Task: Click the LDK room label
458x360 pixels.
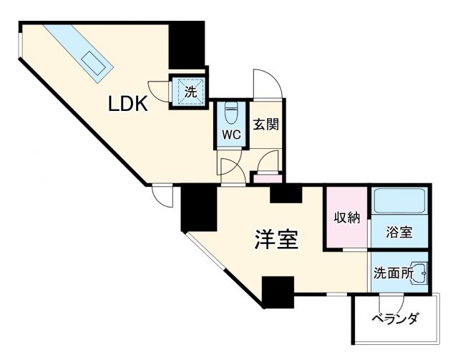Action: click(x=128, y=104)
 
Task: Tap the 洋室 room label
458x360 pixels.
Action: click(x=276, y=240)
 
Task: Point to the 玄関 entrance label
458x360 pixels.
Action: click(x=265, y=125)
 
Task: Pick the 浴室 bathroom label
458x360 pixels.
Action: click(x=399, y=233)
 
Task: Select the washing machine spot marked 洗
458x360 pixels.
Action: click(x=190, y=92)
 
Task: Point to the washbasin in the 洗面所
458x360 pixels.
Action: click(x=421, y=271)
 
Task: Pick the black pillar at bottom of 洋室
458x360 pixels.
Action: click(x=278, y=291)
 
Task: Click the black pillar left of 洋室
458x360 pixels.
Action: click(x=198, y=208)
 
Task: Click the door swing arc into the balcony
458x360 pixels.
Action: click(x=391, y=303)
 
